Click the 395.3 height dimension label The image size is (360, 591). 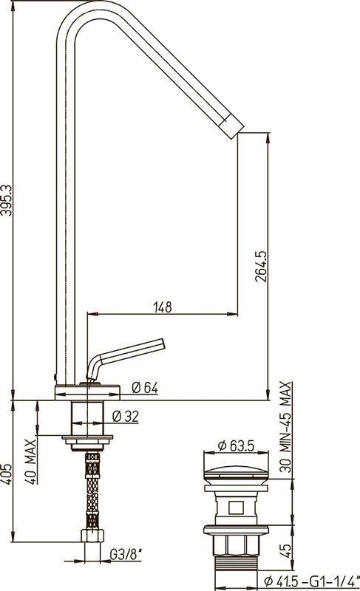(7, 200)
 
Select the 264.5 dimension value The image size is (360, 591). (261, 267)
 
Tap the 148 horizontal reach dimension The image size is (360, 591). (163, 307)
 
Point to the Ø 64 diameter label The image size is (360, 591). (145, 387)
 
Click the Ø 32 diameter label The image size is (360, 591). (126, 416)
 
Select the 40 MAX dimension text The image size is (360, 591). (32, 462)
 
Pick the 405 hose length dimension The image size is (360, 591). (7, 474)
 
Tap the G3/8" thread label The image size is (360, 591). (126, 555)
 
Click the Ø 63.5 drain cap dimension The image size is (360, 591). (237, 446)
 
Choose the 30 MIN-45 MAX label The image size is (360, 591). (286, 428)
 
